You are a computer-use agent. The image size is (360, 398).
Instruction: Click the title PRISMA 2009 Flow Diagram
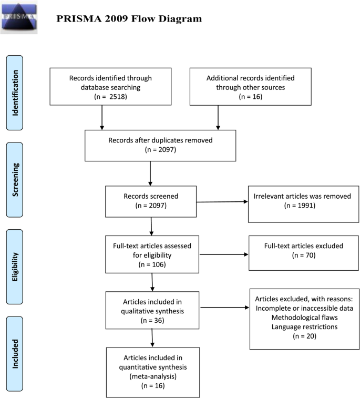pyautogui.click(x=128, y=19)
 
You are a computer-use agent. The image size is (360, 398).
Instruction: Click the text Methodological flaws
pyautogui.click(x=305, y=318)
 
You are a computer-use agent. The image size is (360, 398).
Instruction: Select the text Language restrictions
pyautogui.click(x=305, y=328)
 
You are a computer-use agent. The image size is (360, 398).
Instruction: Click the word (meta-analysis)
pyautogui.click(x=152, y=377)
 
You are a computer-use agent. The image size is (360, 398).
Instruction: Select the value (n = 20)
pyautogui.click(x=305, y=337)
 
